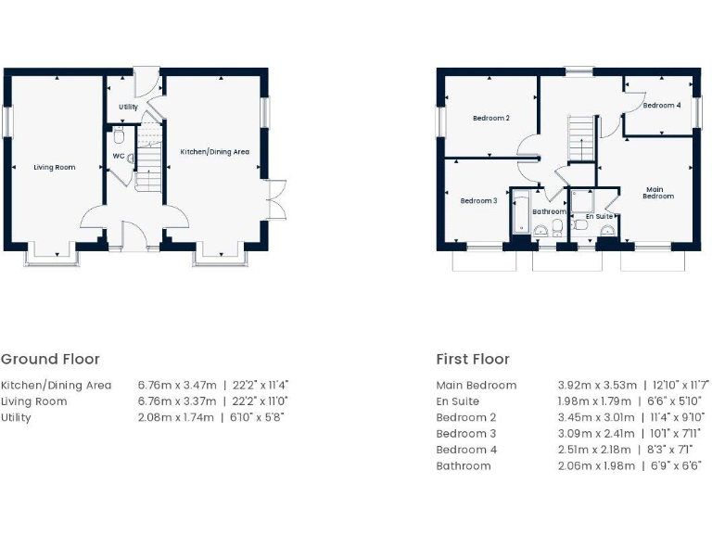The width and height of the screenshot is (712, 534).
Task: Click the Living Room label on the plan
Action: (x=55, y=168)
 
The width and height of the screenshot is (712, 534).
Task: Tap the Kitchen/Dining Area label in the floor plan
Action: (x=214, y=152)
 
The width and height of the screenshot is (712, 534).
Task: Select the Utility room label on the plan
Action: (x=128, y=108)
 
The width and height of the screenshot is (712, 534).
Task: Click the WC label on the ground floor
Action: (x=118, y=156)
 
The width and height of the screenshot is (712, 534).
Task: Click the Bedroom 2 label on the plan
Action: (x=490, y=119)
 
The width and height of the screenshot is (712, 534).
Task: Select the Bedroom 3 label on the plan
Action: (x=479, y=201)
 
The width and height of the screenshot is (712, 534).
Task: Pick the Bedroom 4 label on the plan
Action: (x=662, y=106)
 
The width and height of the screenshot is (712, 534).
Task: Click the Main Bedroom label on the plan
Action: (x=658, y=192)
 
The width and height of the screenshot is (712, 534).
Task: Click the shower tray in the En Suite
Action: (x=583, y=201)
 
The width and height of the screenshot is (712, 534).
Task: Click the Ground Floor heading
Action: (x=50, y=360)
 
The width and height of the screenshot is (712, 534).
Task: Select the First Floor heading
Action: (x=473, y=360)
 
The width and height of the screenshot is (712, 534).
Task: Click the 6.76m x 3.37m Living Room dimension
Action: (x=177, y=401)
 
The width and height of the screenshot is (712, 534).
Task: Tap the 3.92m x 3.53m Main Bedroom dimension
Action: (x=597, y=386)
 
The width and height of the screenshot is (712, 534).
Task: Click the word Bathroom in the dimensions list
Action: (x=464, y=465)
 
